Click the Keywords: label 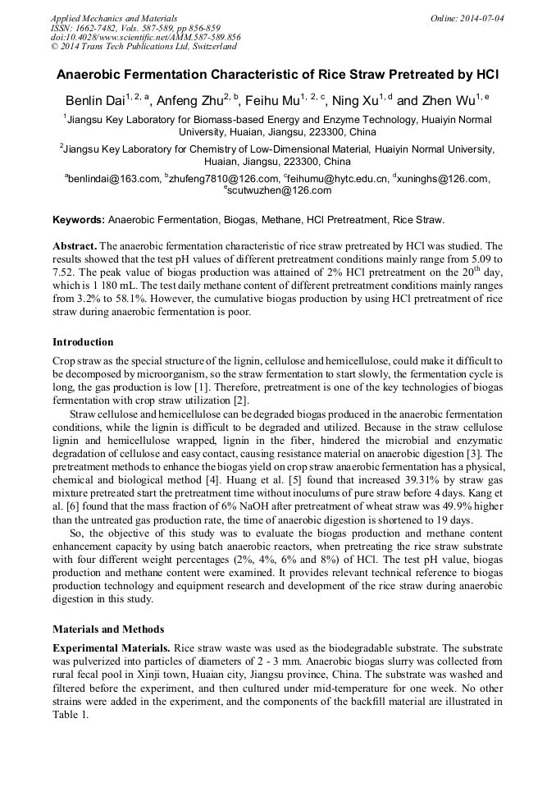click(x=79, y=220)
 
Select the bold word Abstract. click(x=75, y=246)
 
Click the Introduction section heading click(x=83, y=342)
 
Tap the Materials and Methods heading click(x=103, y=629)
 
